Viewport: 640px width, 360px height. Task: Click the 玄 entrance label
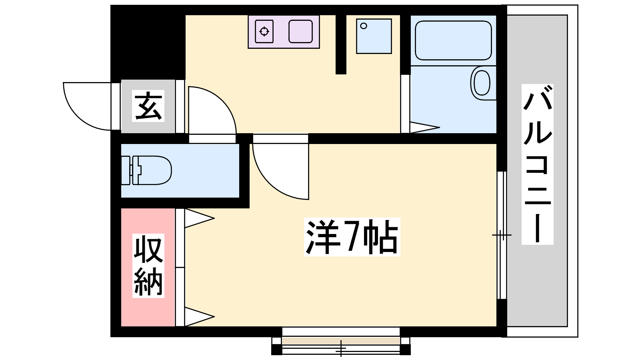pyautogui.click(x=148, y=106)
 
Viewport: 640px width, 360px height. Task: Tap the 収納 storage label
pyautogui.click(x=148, y=266)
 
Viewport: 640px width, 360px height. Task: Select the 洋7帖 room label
pyautogui.click(x=352, y=237)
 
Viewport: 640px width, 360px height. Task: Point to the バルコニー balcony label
pyautogui.click(x=538, y=164)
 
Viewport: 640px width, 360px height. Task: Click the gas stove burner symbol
pyautogui.click(x=264, y=32)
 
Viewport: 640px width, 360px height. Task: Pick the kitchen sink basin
pyautogui.click(x=300, y=32)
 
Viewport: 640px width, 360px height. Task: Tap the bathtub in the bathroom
pyautogui.click(x=453, y=40)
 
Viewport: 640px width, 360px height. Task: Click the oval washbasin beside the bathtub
pyautogui.click(x=482, y=83)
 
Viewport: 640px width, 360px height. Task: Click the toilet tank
pyautogui.click(x=126, y=170)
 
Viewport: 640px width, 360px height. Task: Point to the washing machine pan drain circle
pyautogui.click(x=364, y=26)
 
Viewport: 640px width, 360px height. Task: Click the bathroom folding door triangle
pyautogui.click(x=424, y=128)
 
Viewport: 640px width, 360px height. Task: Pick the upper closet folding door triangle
pyautogui.click(x=200, y=218)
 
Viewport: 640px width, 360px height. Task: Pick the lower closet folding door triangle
pyautogui.click(x=200, y=316)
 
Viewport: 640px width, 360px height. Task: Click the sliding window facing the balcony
pyautogui.click(x=502, y=235)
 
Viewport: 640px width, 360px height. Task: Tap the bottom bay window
pyautogui.click(x=341, y=341)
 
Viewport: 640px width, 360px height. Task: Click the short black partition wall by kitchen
pyautogui.click(x=341, y=44)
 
